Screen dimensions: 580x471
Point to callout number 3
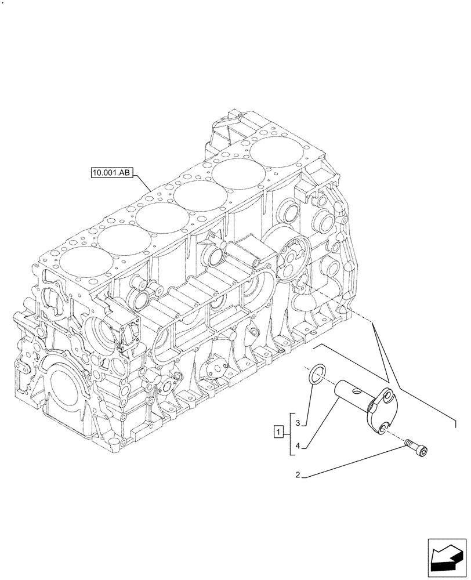[298, 424]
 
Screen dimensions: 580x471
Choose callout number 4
[298, 446]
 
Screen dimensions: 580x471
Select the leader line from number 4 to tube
[320, 423]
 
